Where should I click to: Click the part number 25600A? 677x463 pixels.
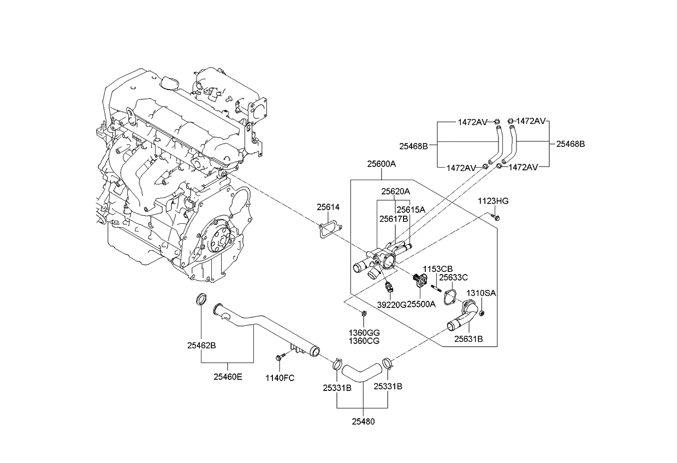point(381,163)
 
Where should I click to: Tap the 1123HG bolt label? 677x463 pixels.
point(493,201)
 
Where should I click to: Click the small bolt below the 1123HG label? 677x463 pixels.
point(496,218)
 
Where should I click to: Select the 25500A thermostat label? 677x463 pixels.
point(421,305)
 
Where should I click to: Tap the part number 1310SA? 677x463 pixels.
point(480,293)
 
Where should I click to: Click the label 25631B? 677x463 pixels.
point(468,339)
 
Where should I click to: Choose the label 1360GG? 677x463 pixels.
point(364,333)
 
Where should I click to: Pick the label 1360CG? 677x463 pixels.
point(364,341)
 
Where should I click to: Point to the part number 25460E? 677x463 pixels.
point(228,377)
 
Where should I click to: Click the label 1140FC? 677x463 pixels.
point(280,378)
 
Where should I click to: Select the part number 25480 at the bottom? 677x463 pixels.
point(363,422)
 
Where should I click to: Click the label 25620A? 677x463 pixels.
point(395,192)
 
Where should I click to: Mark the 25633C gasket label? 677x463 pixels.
point(454,277)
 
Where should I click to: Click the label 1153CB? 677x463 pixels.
point(438,269)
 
